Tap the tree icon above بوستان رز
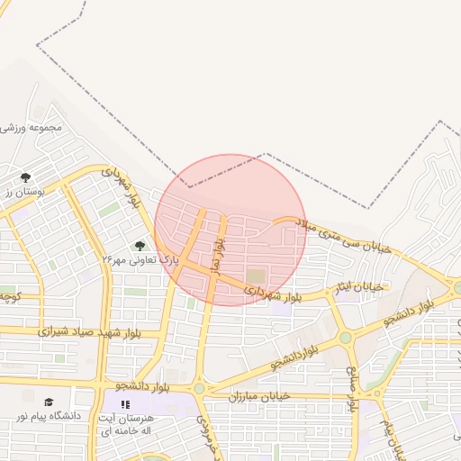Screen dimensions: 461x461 [25, 177]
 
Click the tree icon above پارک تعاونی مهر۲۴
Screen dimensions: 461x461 [140, 245]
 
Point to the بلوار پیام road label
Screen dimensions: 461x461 [388, 436]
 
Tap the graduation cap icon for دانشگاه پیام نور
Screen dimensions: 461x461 [49, 402]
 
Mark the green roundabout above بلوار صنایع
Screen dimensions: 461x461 [345, 339]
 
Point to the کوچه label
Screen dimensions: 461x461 [8, 295]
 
